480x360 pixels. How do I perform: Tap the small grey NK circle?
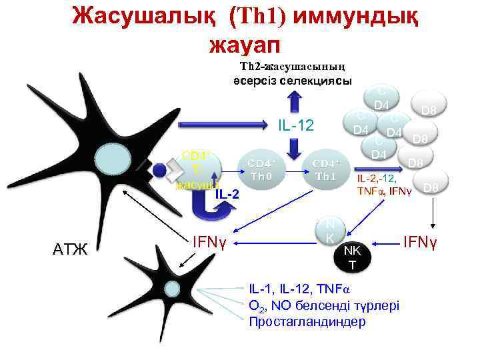click(x=330, y=231)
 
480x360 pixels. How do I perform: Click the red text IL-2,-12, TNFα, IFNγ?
click(x=385, y=185)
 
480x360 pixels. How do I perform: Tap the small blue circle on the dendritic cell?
click(x=159, y=169)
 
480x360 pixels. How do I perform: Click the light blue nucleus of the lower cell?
click(x=171, y=289)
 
